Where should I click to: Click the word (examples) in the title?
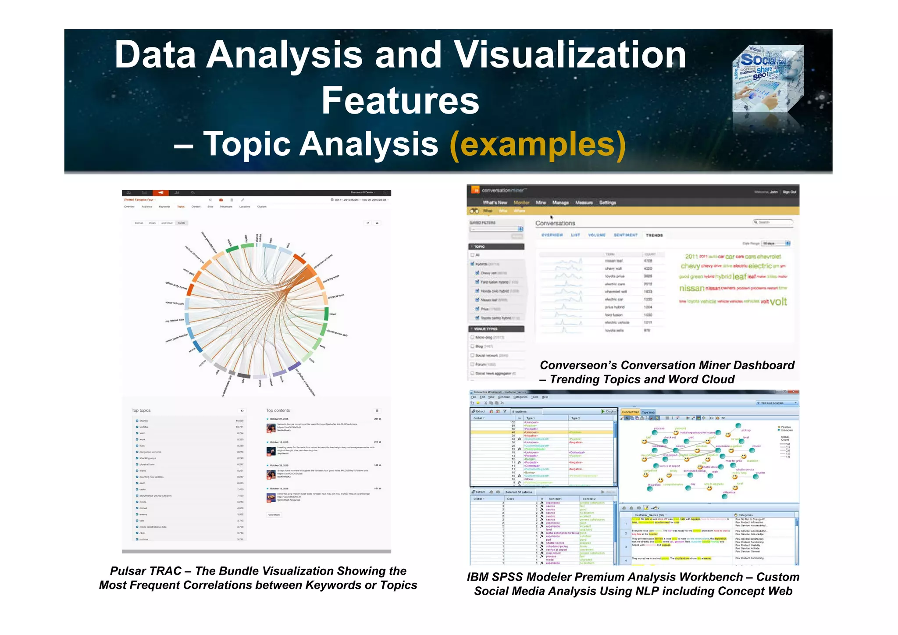click(x=538, y=145)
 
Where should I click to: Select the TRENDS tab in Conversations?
click(x=654, y=235)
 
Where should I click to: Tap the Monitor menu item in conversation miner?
click(x=521, y=203)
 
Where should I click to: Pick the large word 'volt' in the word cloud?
click(x=778, y=302)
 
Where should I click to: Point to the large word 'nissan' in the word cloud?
click(x=691, y=288)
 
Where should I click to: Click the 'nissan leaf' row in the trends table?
click(x=613, y=261)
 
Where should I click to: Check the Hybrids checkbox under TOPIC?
click(x=473, y=264)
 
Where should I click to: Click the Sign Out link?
click(x=789, y=192)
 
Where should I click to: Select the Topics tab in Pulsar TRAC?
click(x=181, y=207)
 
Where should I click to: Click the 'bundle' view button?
click(x=182, y=223)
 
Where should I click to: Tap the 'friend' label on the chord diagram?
click(x=333, y=314)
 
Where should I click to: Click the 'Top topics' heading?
click(x=141, y=410)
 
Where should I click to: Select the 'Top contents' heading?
click(x=278, y=410)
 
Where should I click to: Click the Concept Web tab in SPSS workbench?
click(x=631, y=412)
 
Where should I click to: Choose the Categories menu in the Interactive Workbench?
click(x=520, y=397)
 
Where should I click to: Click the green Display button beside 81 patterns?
click(x=609, y=411)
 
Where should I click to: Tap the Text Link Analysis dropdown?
click(x=777, y=403)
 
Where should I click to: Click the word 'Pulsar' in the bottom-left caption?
click(x=128, y=571)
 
